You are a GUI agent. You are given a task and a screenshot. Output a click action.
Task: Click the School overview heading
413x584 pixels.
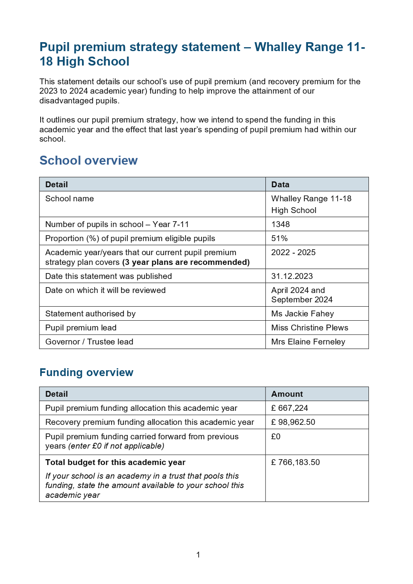click(x=88, y=160)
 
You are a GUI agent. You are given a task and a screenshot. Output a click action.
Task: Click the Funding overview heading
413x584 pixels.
click(x=86, y=372)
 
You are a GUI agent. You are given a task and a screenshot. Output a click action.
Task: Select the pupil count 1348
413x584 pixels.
click(x=280, y=224)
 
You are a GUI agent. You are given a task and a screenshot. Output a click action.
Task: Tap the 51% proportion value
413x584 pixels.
click(x=279, y=238)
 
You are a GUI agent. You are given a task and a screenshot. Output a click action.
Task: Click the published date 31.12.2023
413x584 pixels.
click(x=292, y=276)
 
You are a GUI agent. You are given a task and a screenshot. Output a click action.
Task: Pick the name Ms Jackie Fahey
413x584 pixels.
click(x=302, y=314)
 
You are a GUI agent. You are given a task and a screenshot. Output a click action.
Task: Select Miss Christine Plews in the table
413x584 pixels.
click(x=309, y=328)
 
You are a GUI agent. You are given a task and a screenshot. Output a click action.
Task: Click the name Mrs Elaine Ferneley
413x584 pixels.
click(x=308, y=342)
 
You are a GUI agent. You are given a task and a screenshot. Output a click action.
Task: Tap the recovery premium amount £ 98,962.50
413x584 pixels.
click(x=293, y=422)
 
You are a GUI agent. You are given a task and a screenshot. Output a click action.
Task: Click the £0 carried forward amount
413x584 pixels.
click(x=276, y=437)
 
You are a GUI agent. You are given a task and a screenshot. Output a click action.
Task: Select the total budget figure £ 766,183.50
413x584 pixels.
click(x=295, y=462)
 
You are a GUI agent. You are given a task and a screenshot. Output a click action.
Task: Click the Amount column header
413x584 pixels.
click(x=287, y=394)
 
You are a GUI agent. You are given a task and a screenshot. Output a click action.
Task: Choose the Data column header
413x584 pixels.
click(x=280, y=185)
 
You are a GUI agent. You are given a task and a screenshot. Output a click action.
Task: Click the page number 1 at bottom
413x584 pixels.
click(x=198, y=554)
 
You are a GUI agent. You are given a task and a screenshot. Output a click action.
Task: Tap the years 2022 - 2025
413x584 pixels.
click(x=293, y=252)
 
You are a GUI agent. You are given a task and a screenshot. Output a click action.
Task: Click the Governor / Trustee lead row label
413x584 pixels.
click(x=89, y=342)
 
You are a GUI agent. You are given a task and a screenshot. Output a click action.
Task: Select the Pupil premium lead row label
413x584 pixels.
click(x=81, y=328)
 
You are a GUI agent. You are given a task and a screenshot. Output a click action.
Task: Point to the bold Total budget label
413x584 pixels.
click(x=115, y=462)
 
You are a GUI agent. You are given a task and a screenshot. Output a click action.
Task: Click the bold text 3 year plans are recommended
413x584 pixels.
click(x=186, y=262)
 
